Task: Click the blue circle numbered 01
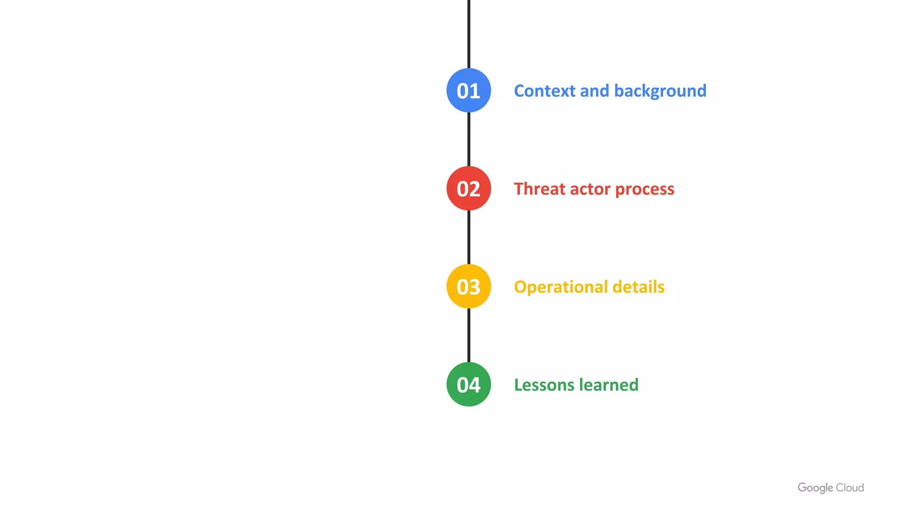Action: [x=469, y=90]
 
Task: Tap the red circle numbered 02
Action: [x=469, y=189]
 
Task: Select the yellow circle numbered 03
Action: [x=469, y=287]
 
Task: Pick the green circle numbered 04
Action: [x=469, y=385]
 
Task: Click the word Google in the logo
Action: [x=815, y=488]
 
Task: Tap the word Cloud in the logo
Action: [x=850, y=488]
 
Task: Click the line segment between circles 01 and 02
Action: [x=469, y=139]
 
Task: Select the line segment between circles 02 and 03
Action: [x=469, y=237]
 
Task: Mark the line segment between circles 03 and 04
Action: [x=469, y=335]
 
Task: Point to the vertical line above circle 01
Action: [x=469, y=33]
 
